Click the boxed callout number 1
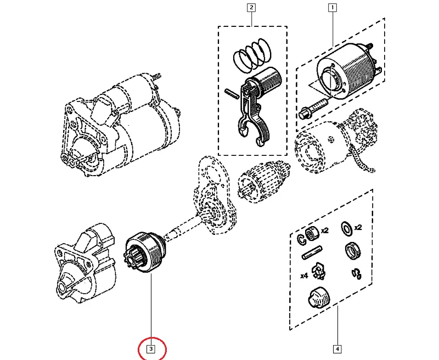click(x=332, y=8)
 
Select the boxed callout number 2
click(x=251, y=8)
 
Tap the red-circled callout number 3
click(x=152, y=348)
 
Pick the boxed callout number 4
click(x=337, y=348)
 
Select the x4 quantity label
click(x=303, y=276)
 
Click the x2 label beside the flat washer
click(x=358, y=228)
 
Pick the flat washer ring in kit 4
click(x=347, y=228)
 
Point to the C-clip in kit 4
click(x=302, y=238)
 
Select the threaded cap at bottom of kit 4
click(x=317, y=298)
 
